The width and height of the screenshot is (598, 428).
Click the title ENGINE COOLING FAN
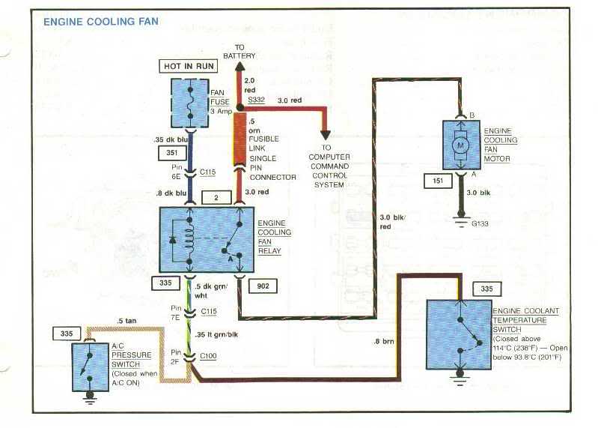101,22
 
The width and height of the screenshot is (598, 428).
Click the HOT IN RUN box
189,67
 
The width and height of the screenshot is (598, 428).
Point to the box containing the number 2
216,197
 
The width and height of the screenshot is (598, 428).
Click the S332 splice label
257,100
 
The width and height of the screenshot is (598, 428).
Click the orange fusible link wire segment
240,139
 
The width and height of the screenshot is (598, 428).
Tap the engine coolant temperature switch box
458,334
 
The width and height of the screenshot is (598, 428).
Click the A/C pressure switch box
89,367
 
